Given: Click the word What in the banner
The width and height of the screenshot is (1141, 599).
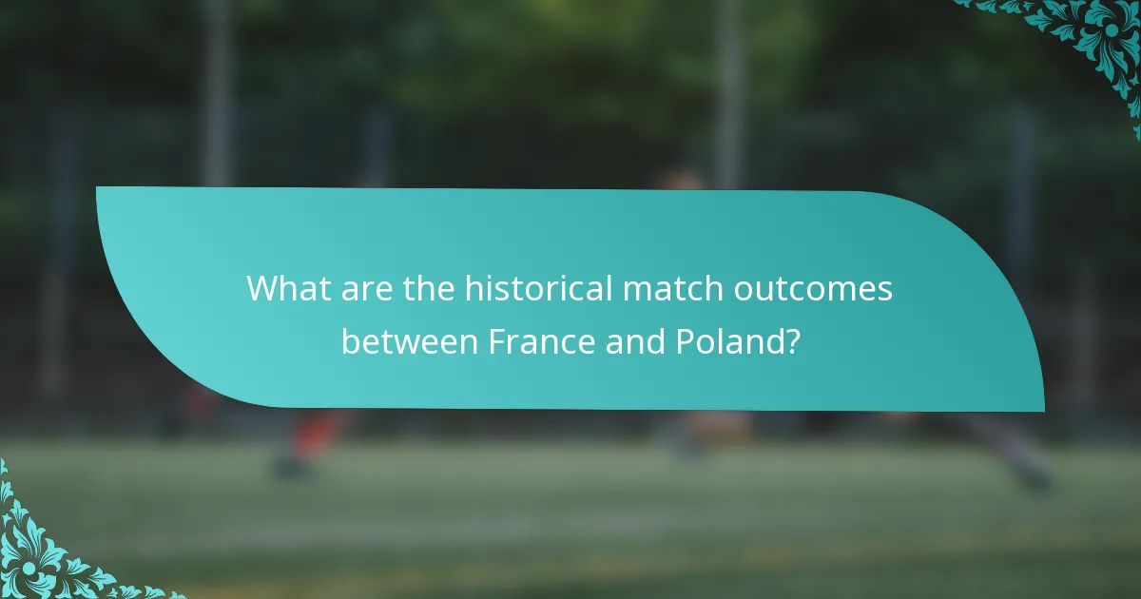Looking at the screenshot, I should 285,288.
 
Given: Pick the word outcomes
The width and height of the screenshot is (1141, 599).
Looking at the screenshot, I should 813,288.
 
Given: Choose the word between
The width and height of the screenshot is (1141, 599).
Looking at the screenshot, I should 411,340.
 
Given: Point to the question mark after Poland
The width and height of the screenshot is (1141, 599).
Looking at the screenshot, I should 789,340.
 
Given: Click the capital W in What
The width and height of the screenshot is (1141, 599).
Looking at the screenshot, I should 262,288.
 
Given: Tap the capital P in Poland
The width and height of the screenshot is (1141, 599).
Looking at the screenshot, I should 687,340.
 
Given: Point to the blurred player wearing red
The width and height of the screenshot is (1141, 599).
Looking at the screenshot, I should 309,437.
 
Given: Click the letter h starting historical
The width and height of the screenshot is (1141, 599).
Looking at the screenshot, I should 473,288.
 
